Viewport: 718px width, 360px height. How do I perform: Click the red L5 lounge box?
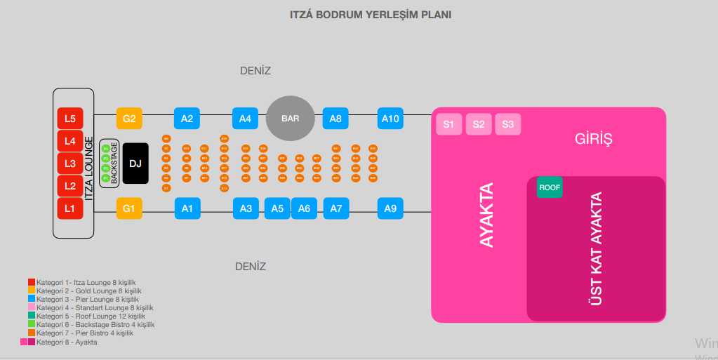pos(69,119)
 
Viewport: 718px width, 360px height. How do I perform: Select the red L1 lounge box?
pos(69,208)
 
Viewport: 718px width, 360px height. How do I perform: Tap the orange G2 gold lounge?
pos(129,119)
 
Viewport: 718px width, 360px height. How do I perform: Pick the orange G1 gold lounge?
pos(129,208)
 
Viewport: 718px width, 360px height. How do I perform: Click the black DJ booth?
pos(135,164)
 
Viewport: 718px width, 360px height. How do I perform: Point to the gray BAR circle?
pos(291,119)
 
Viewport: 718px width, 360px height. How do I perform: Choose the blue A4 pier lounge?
pos(245,119)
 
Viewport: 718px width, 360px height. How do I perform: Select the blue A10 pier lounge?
pos(390,119)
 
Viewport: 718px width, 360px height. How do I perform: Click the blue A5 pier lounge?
pos(277,208)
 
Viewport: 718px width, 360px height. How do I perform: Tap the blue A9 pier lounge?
pos(390,208)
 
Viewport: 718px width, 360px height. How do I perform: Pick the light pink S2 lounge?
pos(478,125)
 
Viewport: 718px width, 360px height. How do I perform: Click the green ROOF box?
pos(550,187)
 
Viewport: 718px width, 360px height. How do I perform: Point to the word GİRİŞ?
pos(593,139)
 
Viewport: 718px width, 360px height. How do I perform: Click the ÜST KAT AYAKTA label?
pos(596,249)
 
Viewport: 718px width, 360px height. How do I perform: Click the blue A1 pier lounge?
pos(187,208)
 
